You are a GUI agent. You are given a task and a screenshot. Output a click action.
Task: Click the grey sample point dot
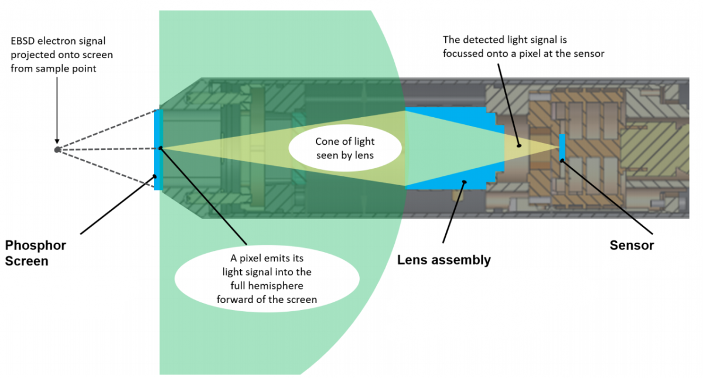coord(57,149)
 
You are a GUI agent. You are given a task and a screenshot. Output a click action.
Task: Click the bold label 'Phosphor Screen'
coord(35,253)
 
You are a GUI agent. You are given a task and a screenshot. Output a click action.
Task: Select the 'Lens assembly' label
coord(443,260)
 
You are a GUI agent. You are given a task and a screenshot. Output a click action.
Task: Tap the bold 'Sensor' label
coord(632,245)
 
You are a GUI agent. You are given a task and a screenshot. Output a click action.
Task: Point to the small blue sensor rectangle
coord(562,147)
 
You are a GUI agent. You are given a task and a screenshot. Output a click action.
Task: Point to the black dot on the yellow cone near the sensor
coord(518,144)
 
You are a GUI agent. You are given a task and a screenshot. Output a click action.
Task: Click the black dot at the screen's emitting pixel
coord(161,148)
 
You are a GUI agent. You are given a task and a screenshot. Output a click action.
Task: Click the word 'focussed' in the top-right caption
coord(462,53)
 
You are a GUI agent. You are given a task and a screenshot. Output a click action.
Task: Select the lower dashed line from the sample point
coord(105,166)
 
